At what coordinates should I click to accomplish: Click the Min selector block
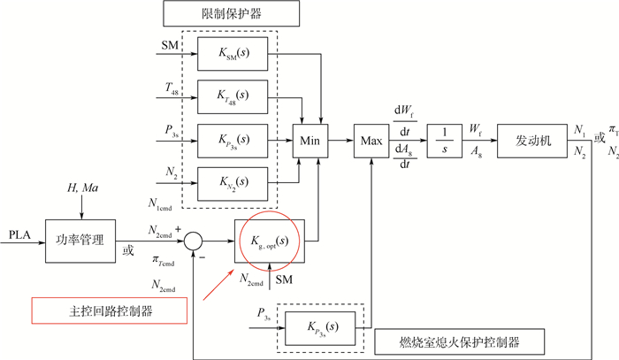[x=309, y=140]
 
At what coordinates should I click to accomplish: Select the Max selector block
[x=371, y=140]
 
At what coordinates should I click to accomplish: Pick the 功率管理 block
[x=80, y=239]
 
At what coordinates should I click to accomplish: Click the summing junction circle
[x=197, y=240]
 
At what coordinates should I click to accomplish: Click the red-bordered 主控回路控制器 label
[x=110, y=310]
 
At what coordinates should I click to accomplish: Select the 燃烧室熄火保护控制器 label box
[x=458, y=341]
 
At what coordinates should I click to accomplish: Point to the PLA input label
[x=18, y=234]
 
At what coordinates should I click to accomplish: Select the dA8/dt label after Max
[x=406, y=157]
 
